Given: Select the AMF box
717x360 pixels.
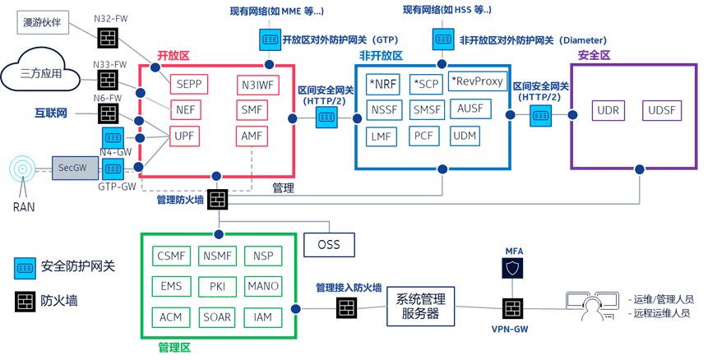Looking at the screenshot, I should pyautogui.click(x=251, y=136).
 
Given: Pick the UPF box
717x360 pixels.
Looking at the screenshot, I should pyautogui.click(x=184, y=136).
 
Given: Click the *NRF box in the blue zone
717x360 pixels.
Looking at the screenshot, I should pyautogui.click(x=382, y=84).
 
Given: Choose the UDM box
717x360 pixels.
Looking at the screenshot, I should pyautogui.click(x=465, y=136).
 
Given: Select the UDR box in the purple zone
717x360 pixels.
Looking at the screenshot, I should pyautogui.click(x=609, y=110).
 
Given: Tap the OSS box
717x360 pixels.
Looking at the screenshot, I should pyautogui.click(x=329, y=244).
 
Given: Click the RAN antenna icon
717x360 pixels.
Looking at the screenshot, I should pyautogui.click(x=23, y=170).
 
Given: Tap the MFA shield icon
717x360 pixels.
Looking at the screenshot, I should pyautogui.click(x=512, y=267).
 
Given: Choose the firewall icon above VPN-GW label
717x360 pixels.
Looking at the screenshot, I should pyautogui.click(x=512, y=308).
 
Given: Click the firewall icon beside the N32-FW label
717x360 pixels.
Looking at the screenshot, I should pyautogui.click(x=109, y=38).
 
